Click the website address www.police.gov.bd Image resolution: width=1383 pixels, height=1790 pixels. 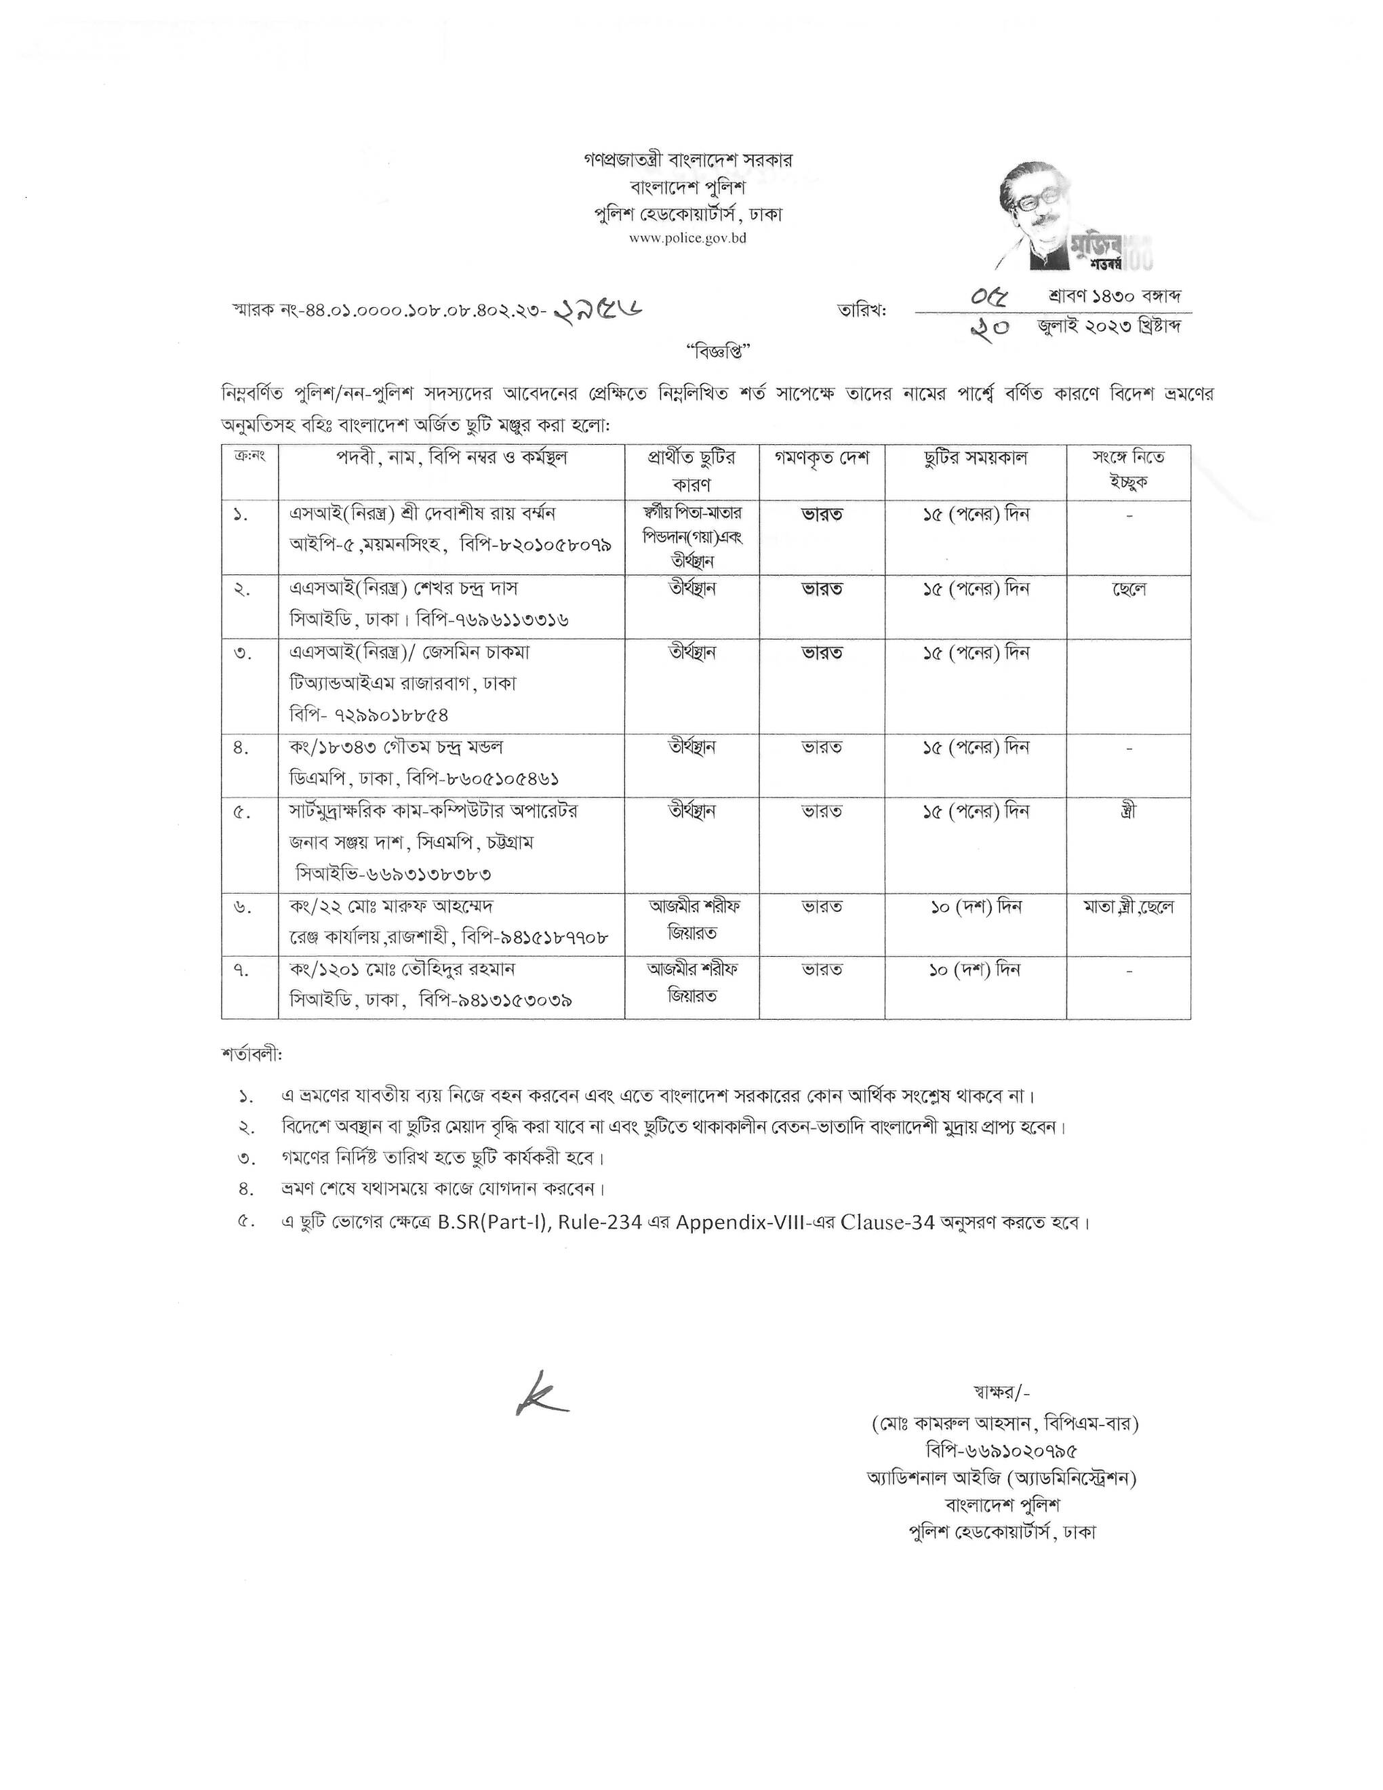pyautogui.click(x=687, y=239)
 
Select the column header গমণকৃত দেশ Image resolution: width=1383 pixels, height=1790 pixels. pyautogui.click(x=822, y=458)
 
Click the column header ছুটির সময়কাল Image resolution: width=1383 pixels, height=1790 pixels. pyautogui.click(x=975, y=458)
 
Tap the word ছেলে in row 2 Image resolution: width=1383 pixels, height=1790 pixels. pyautogui.click(x=1128, y=589)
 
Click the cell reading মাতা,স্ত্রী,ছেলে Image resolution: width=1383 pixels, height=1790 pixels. pyautogui.click(x=1128, y=907)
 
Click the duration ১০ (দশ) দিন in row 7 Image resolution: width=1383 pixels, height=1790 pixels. pyautogui.click(x=975, y=970)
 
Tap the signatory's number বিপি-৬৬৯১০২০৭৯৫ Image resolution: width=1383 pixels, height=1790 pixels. pyautogui.click(x=1001, y=1450)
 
